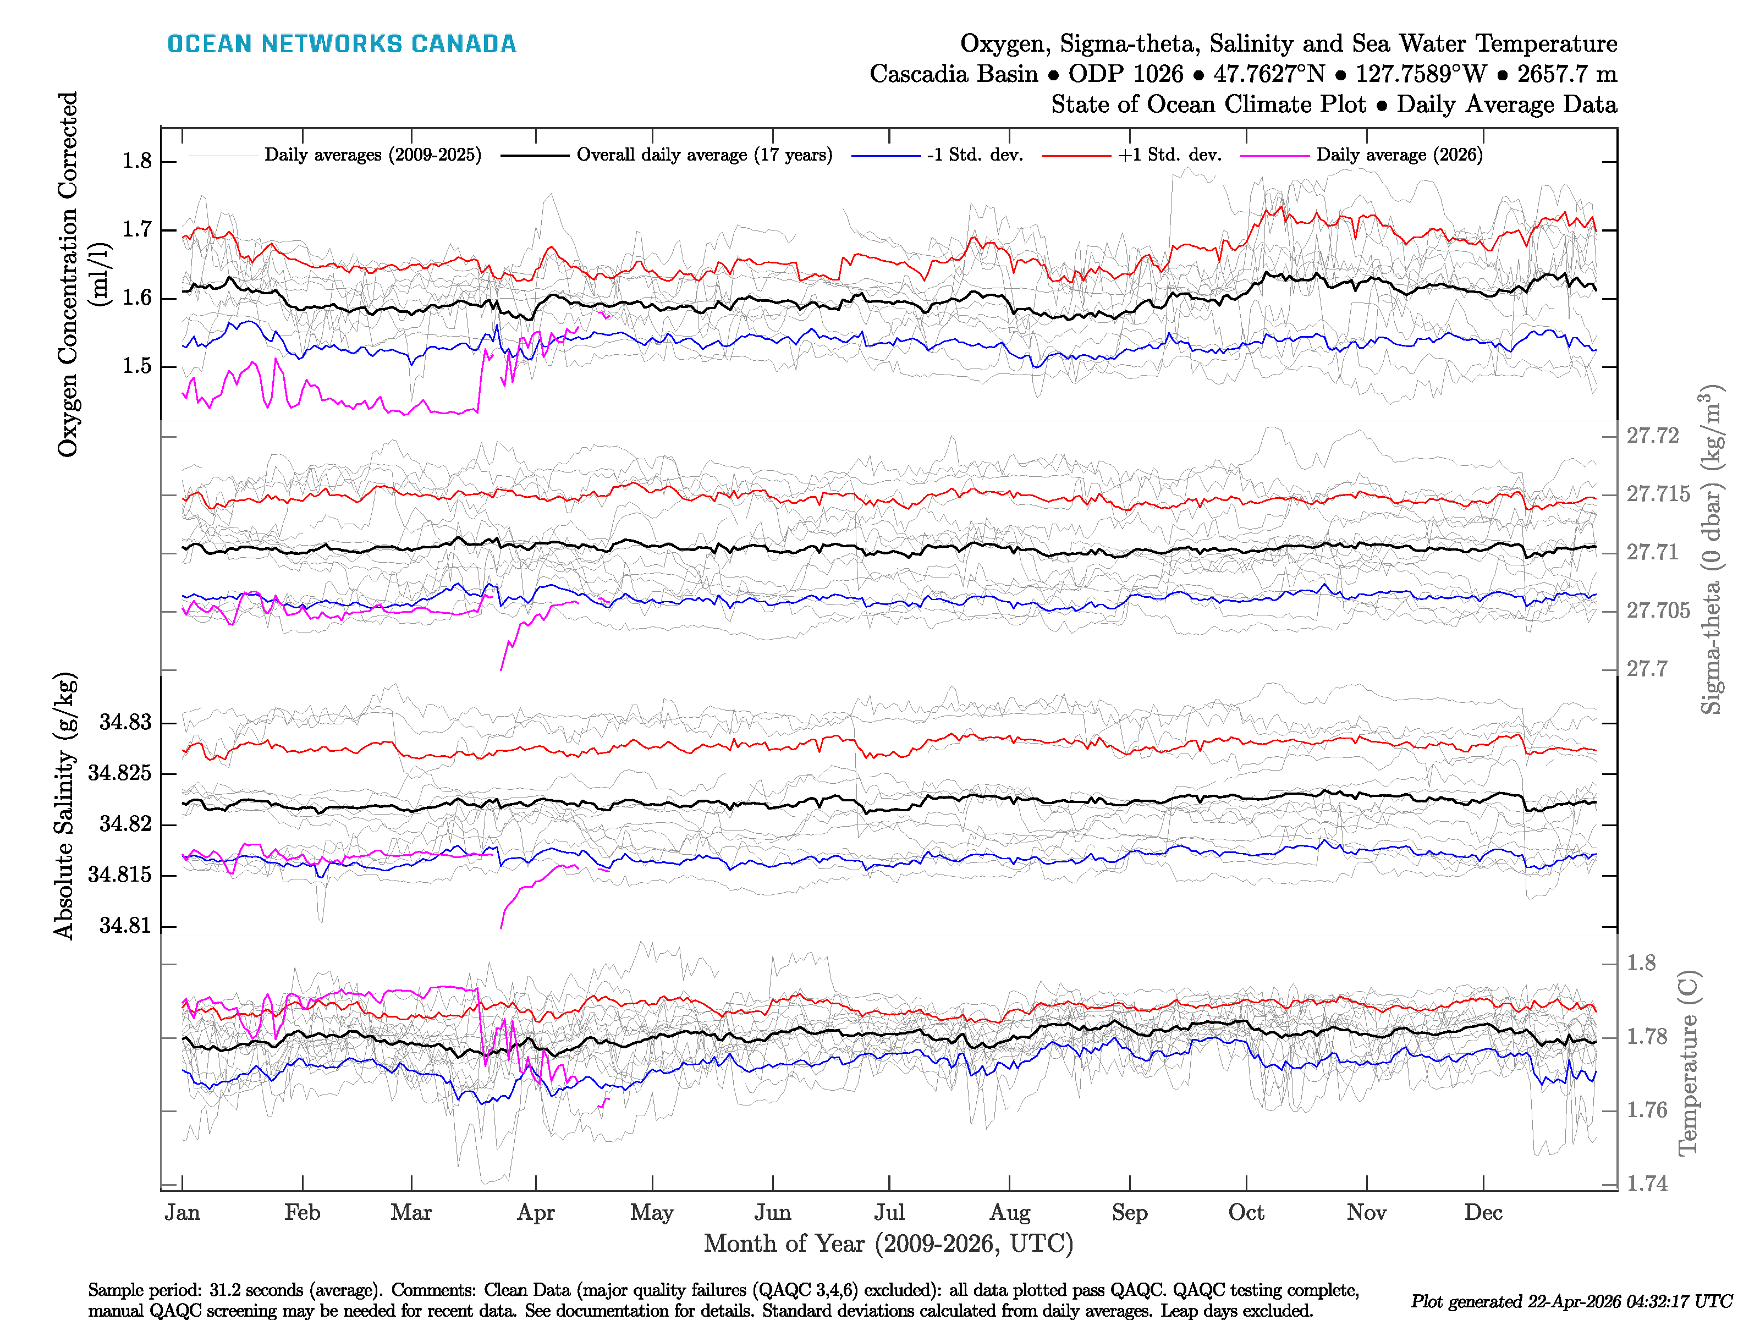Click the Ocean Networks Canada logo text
(x=342, y=44)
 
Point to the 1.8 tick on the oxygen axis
(x=137, y=162)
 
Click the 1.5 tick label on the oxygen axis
(x=137, y=367)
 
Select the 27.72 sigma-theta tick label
(x=1652, y=436)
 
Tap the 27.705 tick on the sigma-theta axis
(x=1657, y=611)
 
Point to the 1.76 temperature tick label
(x=1646, y=1111)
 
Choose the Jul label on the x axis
(x=889, y=1213)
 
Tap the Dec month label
(x=1483, y=1213)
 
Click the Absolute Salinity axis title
(x=65, y=805)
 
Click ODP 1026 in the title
(x=1125, y=74)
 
